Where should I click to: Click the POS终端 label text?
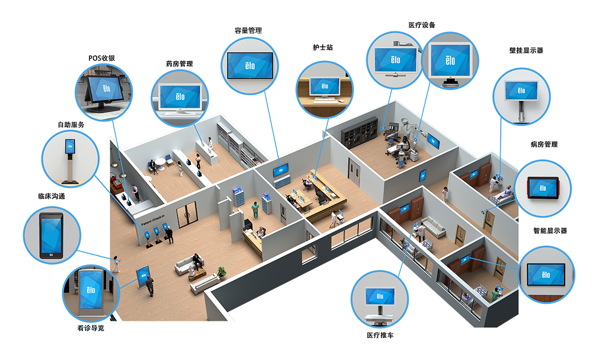(101, 59)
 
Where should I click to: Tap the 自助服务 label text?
(71, 125)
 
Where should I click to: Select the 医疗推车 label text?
(379, 335)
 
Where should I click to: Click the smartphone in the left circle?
(51, 236)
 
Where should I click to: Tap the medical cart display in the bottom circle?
(380, 298)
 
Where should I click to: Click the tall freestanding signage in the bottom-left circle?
(91, 291)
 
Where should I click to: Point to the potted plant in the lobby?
(222, 273)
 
